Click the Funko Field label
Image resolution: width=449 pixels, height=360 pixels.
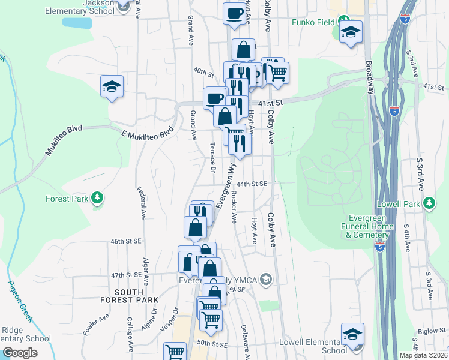pyautogui.click(x=312, y=23)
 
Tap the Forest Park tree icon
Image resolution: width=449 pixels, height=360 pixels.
pyautogui.click(x=96, y=199)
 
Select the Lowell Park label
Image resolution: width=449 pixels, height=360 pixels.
pyautogui.click(x=398, y=204)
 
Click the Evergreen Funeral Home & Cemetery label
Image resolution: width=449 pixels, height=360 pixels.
pyautogui.click(x=369, y=226)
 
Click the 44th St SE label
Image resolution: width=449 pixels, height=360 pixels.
pyautogui.click(x=251, y=184)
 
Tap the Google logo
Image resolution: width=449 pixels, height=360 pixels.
pyautogui.click(x=19, y=353)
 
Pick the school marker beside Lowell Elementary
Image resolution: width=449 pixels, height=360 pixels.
pyautogui.click(x=352, y=335)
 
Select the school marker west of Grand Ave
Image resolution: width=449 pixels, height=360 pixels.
pyautogui.click(x=112, y=87)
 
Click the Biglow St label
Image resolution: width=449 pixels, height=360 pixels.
pyautogui.click(x=432, y=330)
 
